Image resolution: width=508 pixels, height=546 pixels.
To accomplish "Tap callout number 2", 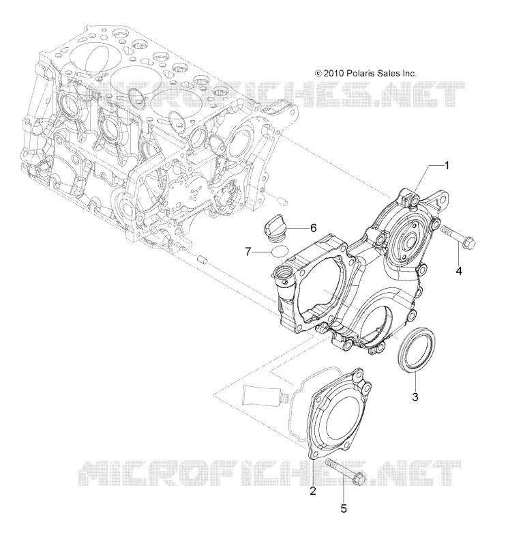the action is (313, 491).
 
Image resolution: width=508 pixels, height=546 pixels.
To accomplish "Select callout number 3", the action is (415, 397).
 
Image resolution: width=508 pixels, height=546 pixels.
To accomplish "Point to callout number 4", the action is (459, 270).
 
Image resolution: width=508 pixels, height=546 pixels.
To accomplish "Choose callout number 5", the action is (344, 508).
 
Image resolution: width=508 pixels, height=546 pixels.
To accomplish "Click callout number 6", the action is (313, 228).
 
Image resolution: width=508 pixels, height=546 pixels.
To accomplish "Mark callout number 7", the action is (248, 251).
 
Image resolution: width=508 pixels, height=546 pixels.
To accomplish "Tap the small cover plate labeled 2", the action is (340, 414).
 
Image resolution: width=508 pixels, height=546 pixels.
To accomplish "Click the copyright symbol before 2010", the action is (318, 74).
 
